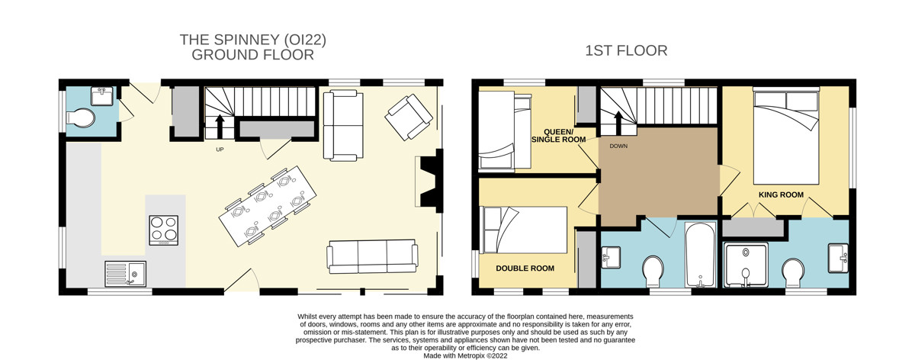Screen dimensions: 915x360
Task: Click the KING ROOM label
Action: point(781,195)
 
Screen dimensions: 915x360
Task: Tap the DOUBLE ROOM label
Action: point(525,268)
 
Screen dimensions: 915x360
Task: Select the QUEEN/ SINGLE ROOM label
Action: point(558,136)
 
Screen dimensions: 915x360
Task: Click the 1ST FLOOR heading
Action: point(626,50)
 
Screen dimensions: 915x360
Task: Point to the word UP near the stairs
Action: point(220,149)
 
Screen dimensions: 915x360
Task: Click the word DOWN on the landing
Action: point(618,146)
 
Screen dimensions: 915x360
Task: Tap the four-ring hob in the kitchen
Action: point(163,230)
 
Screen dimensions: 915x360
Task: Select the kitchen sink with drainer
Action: point(125,273)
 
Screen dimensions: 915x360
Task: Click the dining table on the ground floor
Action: point(268,205)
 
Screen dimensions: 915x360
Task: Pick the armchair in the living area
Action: point(409,117)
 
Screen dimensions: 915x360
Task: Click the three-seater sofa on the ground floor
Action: point(372,256)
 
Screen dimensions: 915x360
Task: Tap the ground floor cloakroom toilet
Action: point(81,117)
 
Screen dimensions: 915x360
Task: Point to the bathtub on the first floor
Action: point(700,254)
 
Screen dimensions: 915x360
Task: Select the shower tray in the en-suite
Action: point(746,265)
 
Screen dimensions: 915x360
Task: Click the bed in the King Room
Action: point(786,136)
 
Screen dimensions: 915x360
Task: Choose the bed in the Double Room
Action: point(523,230)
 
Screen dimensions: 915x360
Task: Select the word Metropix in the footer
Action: point(471,356)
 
